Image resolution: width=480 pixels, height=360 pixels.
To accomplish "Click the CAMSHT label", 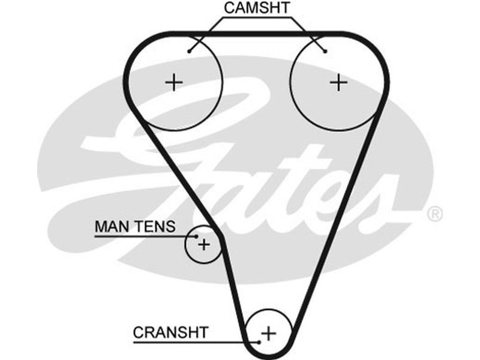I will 257,8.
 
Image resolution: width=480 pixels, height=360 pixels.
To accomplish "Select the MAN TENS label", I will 135,226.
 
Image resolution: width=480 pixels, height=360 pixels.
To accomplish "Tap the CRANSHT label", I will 170,331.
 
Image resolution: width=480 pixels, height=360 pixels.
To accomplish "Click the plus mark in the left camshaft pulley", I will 174,82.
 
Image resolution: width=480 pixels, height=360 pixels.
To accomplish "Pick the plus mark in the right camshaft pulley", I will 339,82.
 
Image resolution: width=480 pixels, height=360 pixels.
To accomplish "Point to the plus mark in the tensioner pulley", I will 204,244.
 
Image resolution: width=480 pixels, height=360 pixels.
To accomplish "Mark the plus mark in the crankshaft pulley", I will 269,332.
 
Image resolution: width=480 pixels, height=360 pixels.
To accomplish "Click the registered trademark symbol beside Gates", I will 434,213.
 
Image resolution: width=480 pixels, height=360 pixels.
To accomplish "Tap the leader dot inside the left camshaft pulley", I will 189,51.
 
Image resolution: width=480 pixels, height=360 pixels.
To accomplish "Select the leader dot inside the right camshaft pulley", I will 325,51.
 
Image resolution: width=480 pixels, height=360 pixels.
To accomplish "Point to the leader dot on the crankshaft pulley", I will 259,341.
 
